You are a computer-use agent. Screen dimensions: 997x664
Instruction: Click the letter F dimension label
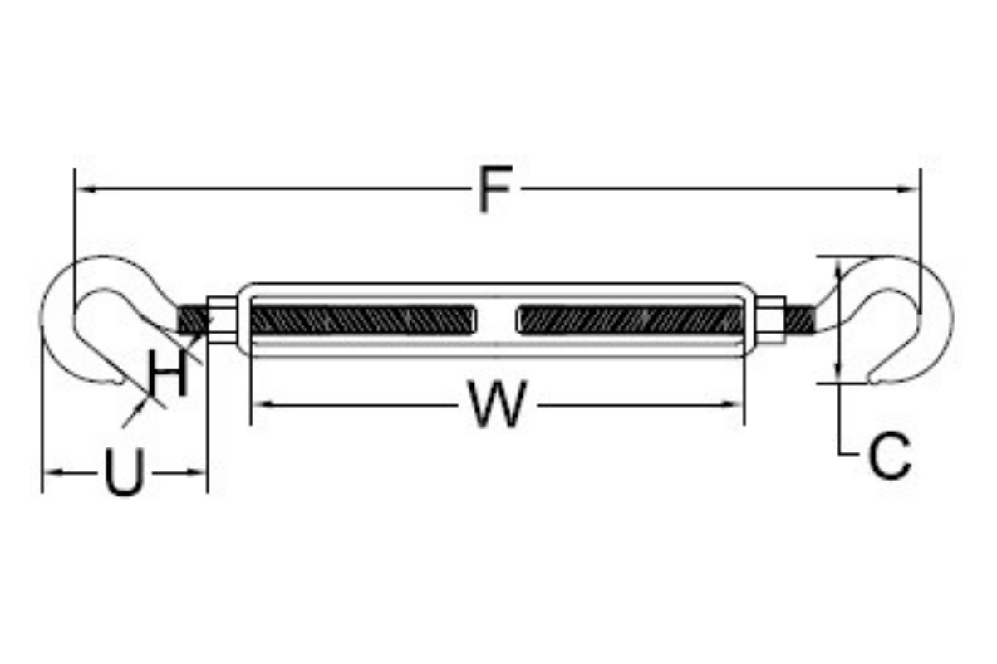(x=495, y=189)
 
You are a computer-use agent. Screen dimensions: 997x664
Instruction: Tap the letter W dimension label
(x=497, y=404)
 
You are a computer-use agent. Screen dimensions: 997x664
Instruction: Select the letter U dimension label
(x=125, y=472)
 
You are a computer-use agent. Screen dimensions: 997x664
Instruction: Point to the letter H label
(x=167, y=373)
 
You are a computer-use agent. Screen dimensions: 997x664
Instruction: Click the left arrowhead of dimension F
(x=86, y=189)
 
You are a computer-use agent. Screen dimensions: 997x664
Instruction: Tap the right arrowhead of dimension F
(x=908, y=189)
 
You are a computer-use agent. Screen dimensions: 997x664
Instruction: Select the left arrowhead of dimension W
(x=263, y=405)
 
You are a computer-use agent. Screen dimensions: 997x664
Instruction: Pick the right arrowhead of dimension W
(x=732, y=405)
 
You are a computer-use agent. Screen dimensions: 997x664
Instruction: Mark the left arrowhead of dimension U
(x=54, y=472)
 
